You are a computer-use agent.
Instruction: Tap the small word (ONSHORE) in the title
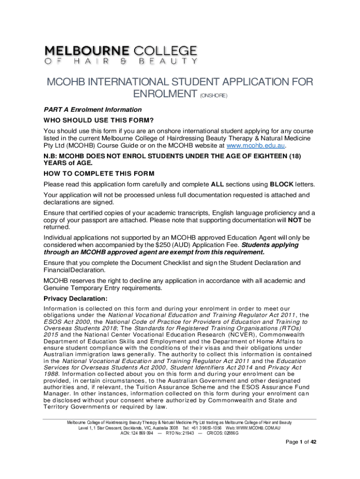point(214,96)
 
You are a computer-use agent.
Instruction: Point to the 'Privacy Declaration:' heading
point(75,298)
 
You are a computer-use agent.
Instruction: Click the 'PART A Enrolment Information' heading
point(93,109)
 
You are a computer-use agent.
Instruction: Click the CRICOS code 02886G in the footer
point(229,434)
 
